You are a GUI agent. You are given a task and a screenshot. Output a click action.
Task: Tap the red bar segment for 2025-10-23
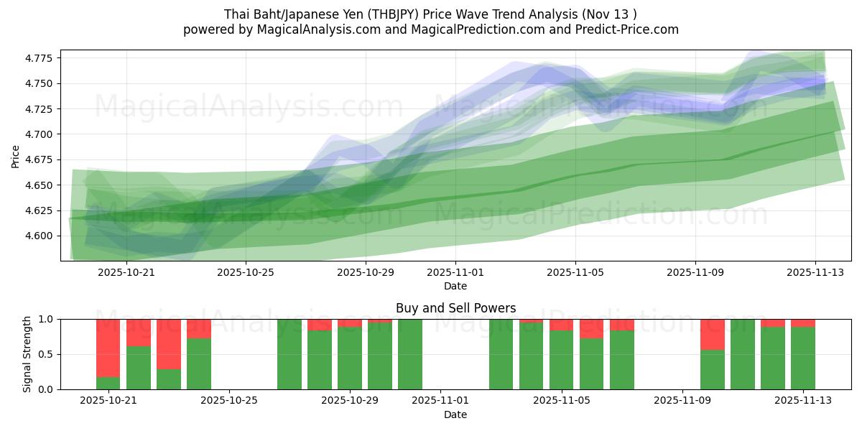[168, 343]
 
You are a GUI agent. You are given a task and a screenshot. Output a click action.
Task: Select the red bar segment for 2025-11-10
[713, 334]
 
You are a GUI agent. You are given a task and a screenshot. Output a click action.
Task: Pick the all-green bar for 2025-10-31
[410, 354]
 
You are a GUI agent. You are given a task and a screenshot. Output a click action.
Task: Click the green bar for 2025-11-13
[803, 358]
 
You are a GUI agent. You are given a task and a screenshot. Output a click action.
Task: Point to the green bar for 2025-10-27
[289, 354]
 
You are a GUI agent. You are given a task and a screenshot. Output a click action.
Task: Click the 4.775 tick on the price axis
[40, 58]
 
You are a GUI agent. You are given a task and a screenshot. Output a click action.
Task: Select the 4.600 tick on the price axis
[40, 236]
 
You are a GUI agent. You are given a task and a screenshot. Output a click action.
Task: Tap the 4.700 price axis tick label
[40, 134]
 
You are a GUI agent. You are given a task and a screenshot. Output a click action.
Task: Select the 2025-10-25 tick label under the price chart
[246, 272]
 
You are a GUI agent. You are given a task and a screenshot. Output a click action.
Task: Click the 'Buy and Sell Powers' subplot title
[455, 308]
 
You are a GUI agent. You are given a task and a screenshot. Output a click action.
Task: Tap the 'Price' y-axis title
[16, 156]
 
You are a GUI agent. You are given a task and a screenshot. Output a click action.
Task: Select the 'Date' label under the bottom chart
[455, 414]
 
